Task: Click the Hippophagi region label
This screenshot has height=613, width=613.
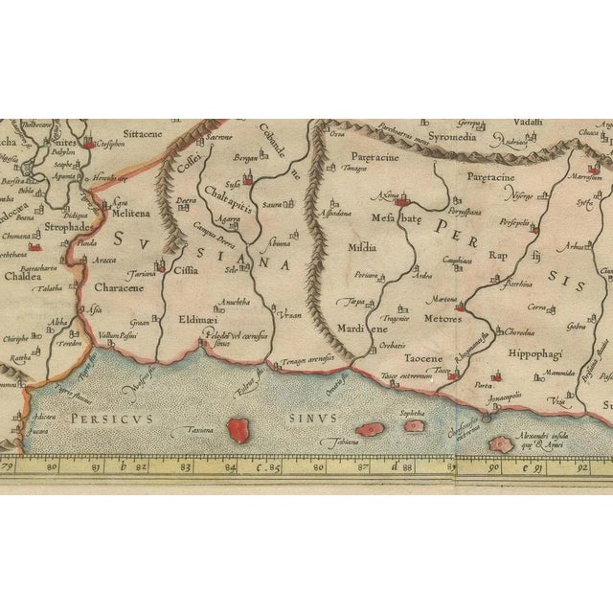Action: coord(543,352)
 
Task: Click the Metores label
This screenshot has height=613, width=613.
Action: coord(440,318)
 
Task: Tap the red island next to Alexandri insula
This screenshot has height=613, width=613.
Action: coord(499,444)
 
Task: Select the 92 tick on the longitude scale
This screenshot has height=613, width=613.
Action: coord(580,468)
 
